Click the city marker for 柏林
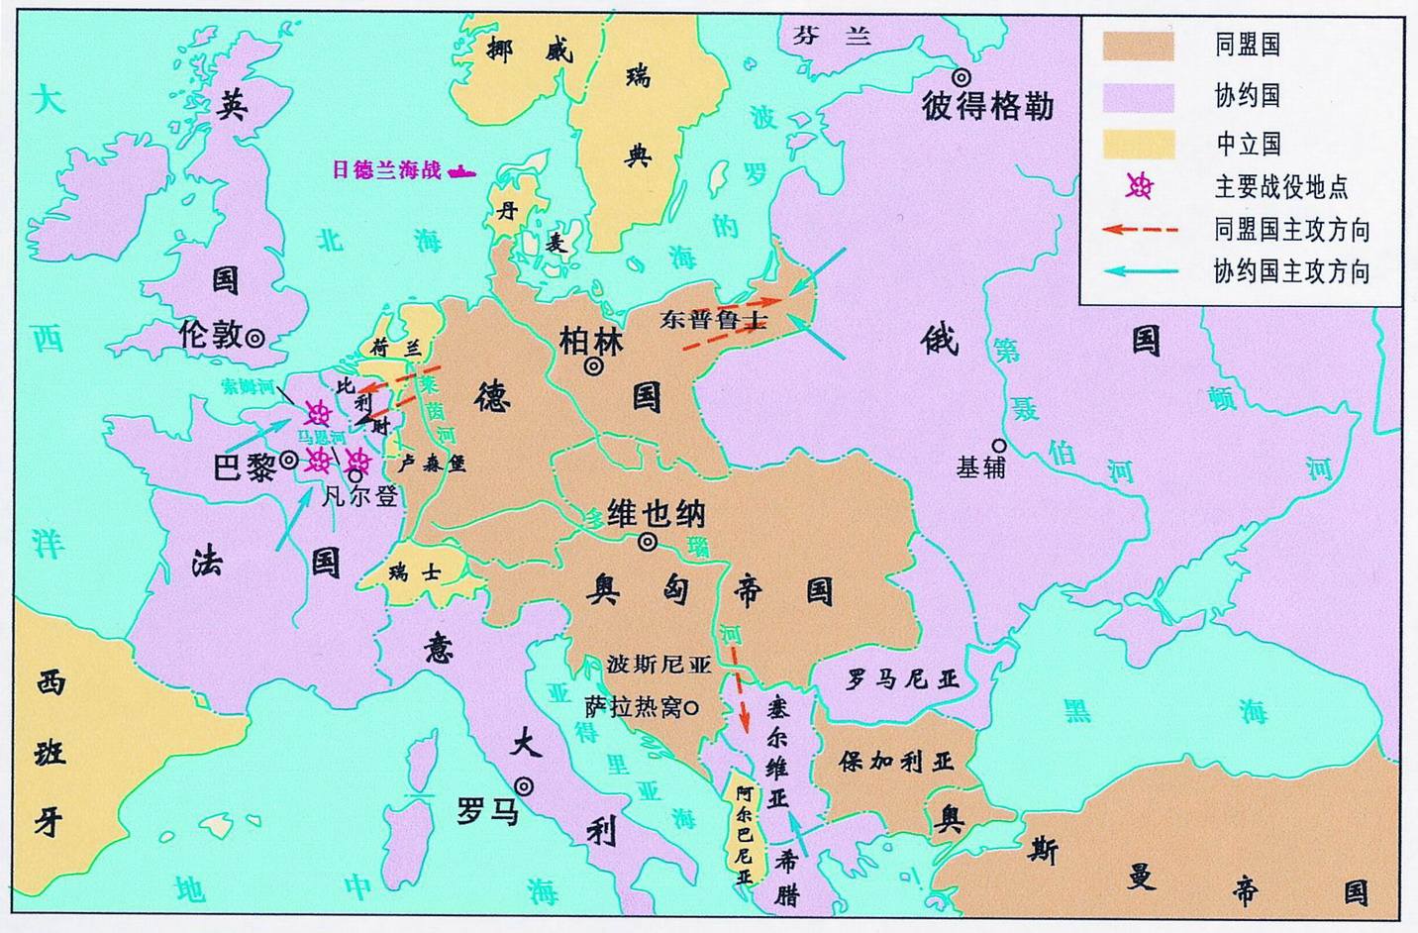[593, 366]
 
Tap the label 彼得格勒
[987, 105]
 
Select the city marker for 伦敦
[254, 338]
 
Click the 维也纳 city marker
[648, 542]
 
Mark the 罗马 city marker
[523, 786]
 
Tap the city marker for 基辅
[999, 446]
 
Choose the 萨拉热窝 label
[634, 707]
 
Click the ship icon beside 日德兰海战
[461, 171]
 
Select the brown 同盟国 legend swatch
[1139, 46]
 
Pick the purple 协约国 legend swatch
[1139, 96]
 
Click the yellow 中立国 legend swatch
[1139, 145]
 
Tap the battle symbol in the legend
[1140, 185]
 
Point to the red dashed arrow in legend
[1140, 230]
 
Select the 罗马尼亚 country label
[902, 679]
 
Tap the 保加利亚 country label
[896, 761]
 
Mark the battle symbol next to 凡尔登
[357, 460]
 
